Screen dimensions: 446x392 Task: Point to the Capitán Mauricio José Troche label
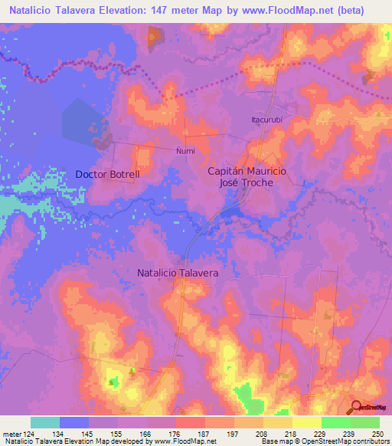pos(247,178)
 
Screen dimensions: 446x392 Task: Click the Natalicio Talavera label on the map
pos(178,272)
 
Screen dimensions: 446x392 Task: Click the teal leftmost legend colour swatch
pos(45,422)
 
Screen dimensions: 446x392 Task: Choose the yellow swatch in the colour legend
pos(307,422)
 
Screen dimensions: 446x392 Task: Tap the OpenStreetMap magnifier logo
pos(357,408)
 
